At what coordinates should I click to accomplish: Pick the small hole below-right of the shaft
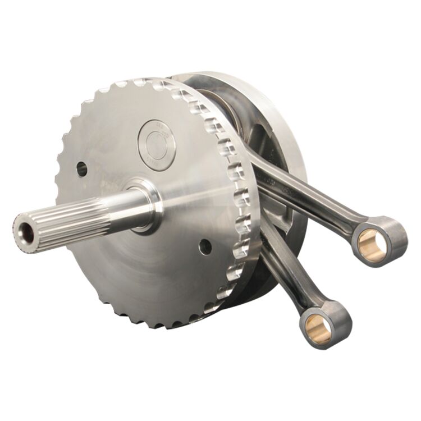205,246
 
